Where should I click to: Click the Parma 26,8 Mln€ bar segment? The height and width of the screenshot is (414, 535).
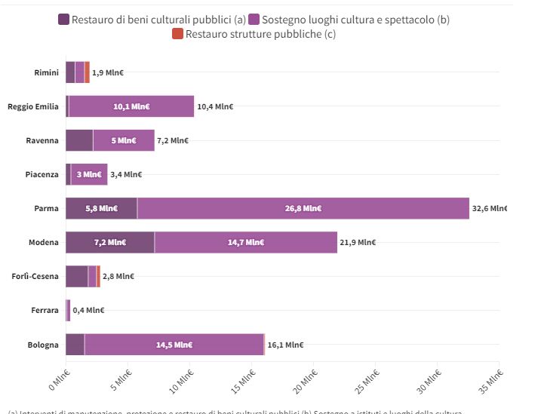tap(303, 208)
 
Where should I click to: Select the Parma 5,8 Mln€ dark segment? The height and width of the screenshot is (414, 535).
tap(101, 208)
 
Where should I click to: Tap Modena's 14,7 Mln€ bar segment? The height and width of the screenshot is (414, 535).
tap(245, 242)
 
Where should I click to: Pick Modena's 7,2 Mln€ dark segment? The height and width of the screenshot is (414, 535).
tap(109, 242)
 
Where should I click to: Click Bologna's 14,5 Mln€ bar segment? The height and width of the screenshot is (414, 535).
tap(174, 345)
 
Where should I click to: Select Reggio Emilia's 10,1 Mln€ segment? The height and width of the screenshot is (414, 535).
tap(131, 106)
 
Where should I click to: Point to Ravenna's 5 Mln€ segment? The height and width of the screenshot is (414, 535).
tap(123, 140)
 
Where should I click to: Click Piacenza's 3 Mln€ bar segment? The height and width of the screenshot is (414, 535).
tap(89, 174)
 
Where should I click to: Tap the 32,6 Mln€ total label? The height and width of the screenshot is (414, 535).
tap(490, 208)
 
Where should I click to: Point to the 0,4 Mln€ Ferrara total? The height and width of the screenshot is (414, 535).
tap(88, 310)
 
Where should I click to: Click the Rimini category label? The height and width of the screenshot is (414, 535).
tap(46, 72)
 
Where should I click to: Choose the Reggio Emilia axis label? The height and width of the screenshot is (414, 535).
tap(32, 106)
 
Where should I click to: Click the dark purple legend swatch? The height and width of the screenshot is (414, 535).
tap(63, 20)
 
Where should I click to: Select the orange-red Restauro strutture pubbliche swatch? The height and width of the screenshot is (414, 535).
tap(177, 34)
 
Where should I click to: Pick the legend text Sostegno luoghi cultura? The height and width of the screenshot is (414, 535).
tap(355, 20)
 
